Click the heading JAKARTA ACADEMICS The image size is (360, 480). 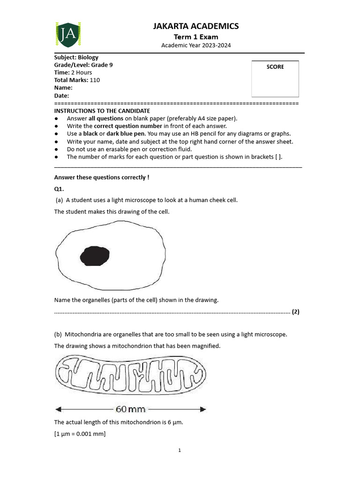pos(196,26)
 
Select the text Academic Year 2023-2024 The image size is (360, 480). pos(196,45)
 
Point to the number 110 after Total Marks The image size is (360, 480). pos(95,80)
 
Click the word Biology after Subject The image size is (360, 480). pos(88,58)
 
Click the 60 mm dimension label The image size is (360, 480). pos(131,409)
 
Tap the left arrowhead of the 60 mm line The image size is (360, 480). pos(58,409)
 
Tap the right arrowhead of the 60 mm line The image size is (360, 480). pos(203,409)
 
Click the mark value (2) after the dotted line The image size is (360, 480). pos(295,312)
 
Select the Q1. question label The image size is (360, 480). pos(59,188)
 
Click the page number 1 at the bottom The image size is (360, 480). pos(180,450)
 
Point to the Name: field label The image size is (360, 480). pos(63,88)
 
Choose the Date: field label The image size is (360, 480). pos(62,96)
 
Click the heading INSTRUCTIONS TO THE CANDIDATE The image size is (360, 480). pos(102,111)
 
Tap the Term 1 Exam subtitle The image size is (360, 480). pos(196,37)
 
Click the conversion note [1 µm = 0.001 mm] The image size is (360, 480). pos(80,434)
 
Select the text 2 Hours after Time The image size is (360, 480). pos(82,73)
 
